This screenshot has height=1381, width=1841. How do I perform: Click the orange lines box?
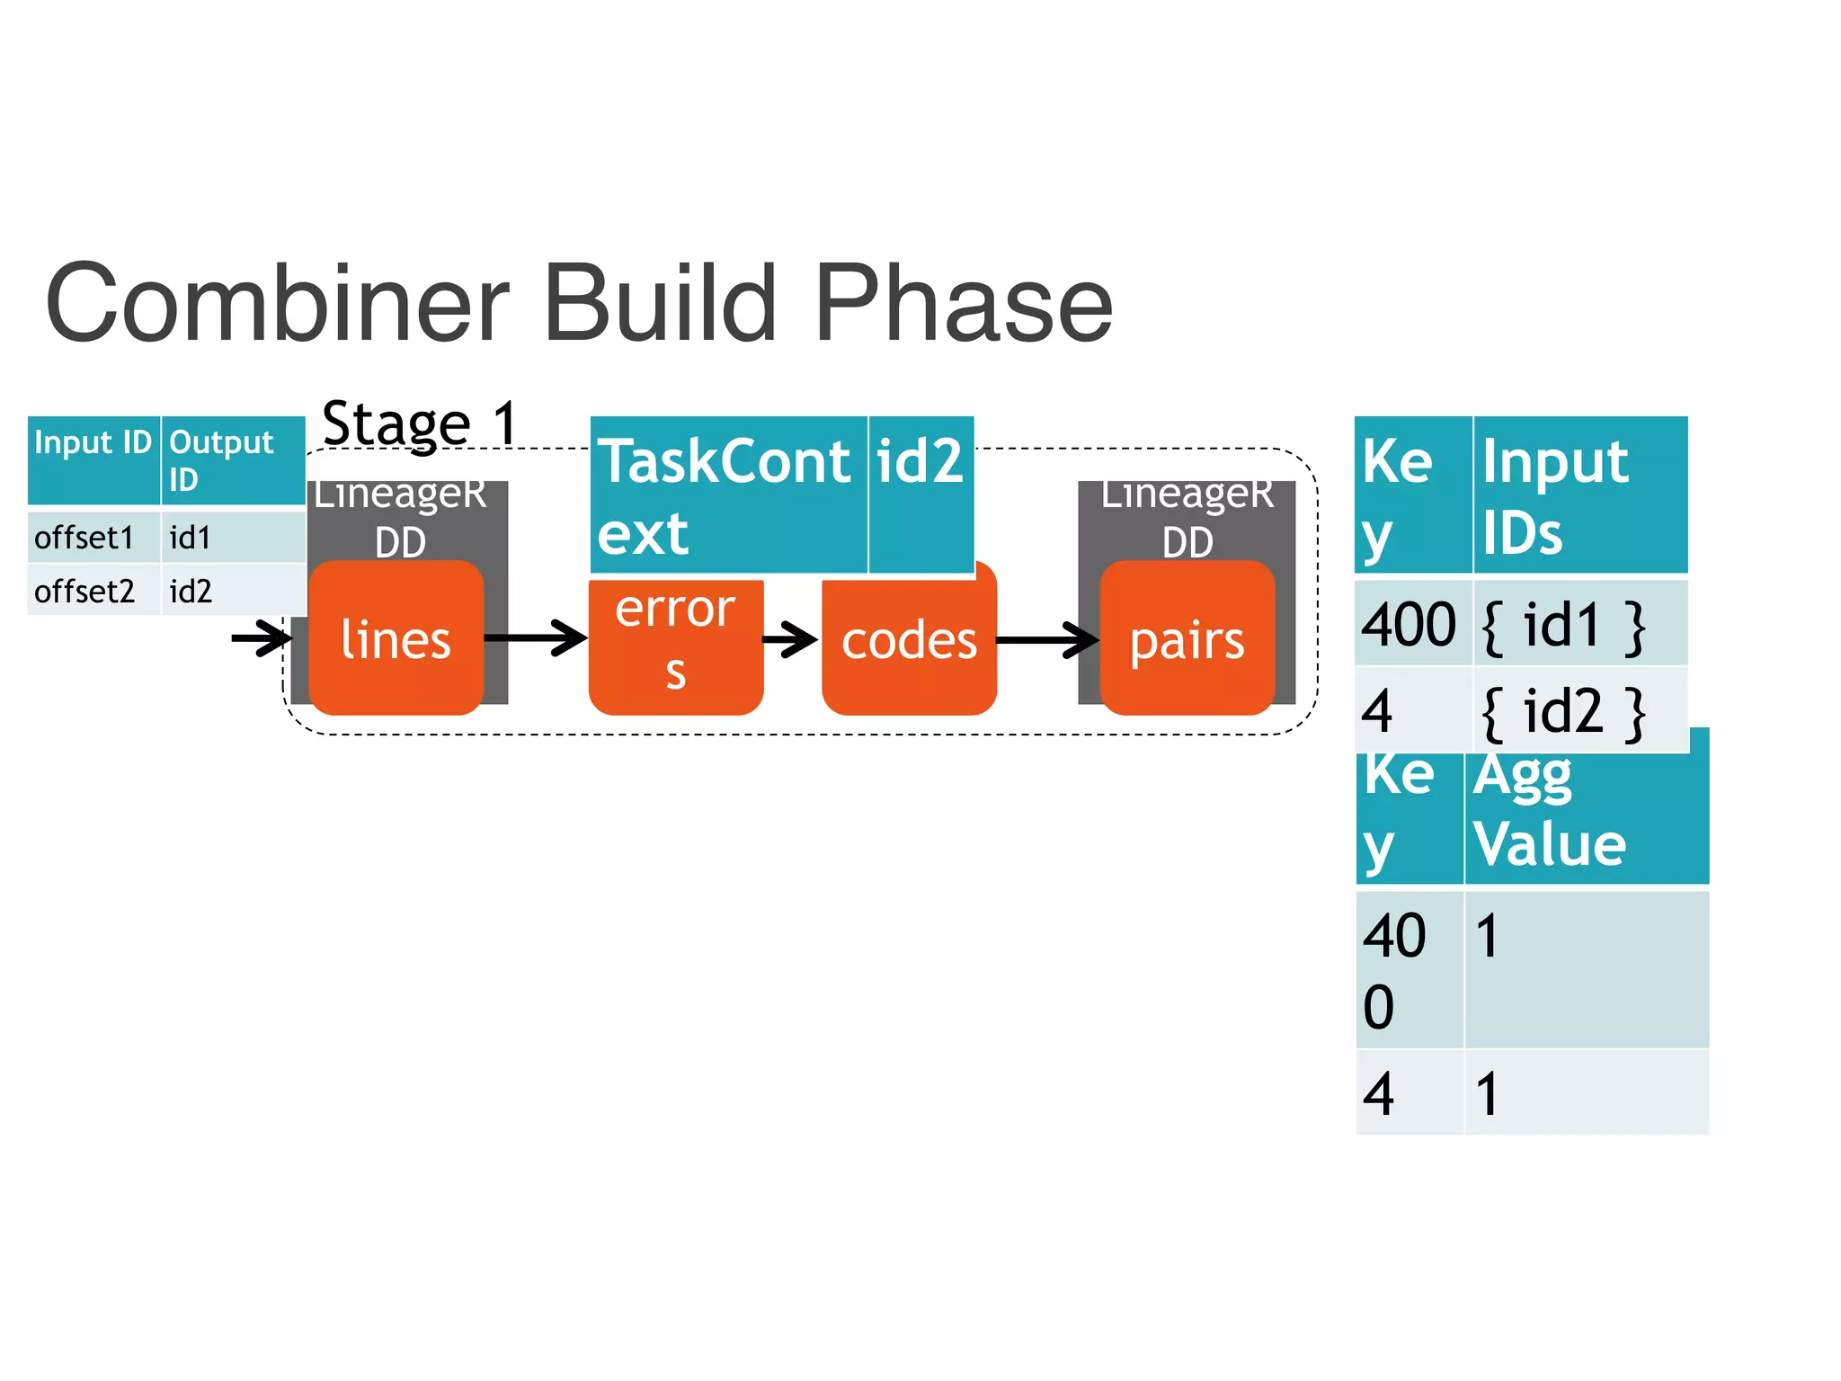[x=396, y=639]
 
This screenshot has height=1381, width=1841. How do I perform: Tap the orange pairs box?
[x=1187, y=641]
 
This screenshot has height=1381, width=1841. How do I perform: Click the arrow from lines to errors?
[x=536, y=638]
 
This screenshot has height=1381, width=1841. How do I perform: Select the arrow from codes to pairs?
[x=1047, y=640]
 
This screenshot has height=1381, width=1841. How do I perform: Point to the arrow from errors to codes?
[x=790, y=640]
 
